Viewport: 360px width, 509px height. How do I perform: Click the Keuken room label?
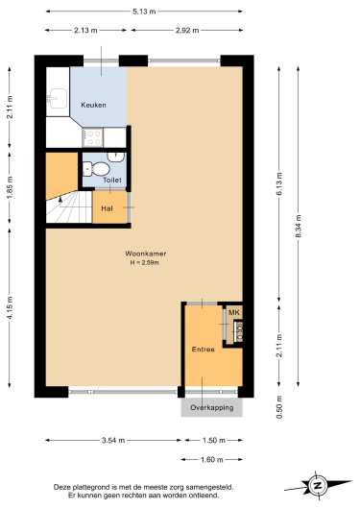pyautogui.click(x=93, y=105)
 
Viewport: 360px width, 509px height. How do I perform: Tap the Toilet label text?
pyautogui.click(x=112, y=180)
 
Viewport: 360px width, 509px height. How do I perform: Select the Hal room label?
pyautogui.click(x=108, y=208)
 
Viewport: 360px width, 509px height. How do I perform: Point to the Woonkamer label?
pyautogui.click(x=146, y=254)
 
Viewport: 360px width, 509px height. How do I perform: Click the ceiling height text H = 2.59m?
pyautogui.click(x=144, y=262)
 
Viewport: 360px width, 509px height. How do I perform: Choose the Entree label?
pyautogui.click(x=204, y=350)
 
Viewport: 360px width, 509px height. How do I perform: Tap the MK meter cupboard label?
pyautogui.click(x=234, y=313)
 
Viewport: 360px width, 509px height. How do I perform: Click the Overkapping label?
pyautogui.click(x=212, y=407)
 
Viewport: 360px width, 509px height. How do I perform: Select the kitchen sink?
pyautogui.click(x=58, y=98)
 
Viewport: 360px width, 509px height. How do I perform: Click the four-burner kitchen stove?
pyautogui.click(x=93, y=137)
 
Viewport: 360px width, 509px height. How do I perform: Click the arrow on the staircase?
pyautogui.click(x=60, y=202)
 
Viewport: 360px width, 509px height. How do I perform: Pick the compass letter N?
pyautogui.click(x=317, y=486)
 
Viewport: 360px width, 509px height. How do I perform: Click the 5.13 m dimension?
pyautogui.click(x=144, y=12)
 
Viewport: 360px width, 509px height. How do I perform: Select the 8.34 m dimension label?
pyautogui.click(x=299, y=227)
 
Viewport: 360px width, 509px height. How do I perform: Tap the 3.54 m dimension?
pyautogui.click(x=113, y=440)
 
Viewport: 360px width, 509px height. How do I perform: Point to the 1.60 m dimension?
pyautogui.click(x=211, y=459)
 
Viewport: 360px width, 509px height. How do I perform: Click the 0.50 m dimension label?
pyautogui.click(x=279, y=407)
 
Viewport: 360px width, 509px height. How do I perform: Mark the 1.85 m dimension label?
pyautogui.click(x=10, y=187)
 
